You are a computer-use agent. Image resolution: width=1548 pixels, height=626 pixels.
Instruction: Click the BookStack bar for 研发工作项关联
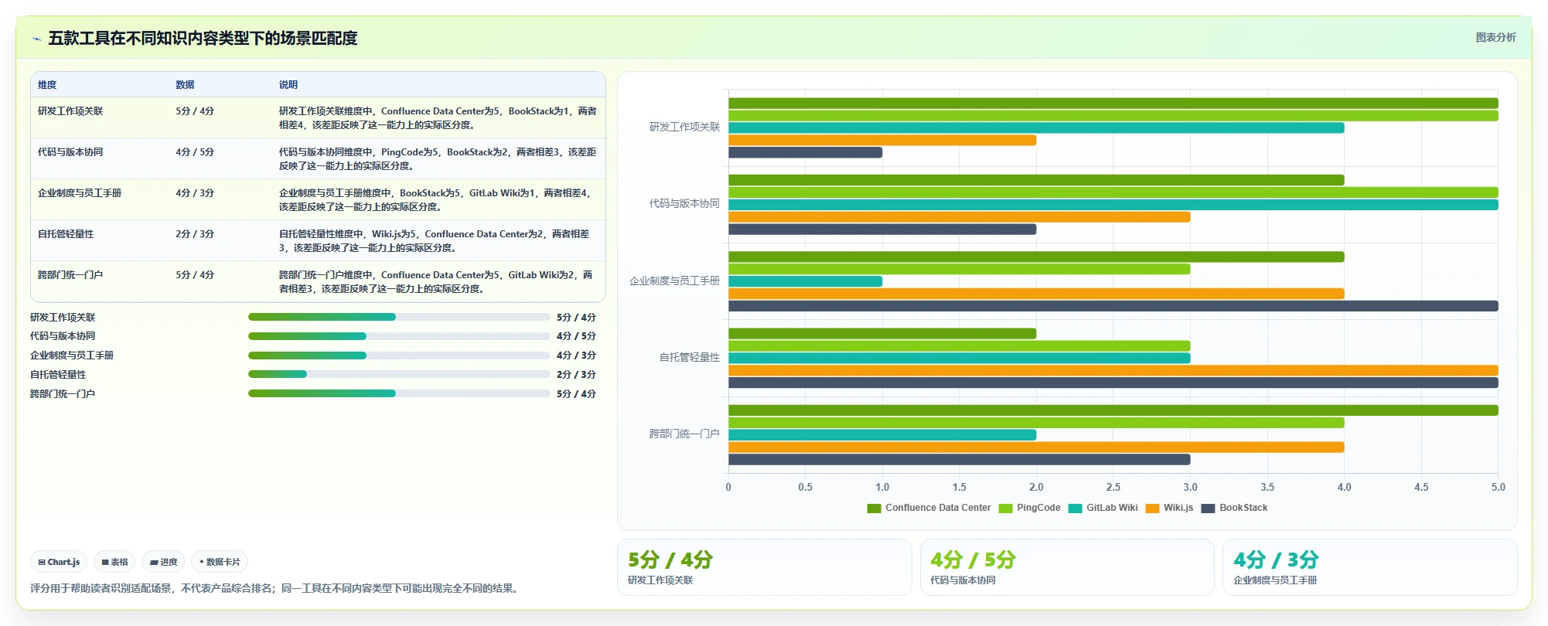coord(805,152)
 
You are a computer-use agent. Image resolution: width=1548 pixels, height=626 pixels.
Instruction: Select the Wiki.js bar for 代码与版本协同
coord(959,217)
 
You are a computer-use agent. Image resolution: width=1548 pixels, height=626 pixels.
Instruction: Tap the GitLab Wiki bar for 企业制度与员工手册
coord(805,281)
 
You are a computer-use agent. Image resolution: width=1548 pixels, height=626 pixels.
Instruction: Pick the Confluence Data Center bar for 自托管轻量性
coord(882,334)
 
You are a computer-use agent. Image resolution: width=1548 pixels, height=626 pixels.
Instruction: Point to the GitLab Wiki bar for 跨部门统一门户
coord(882,435)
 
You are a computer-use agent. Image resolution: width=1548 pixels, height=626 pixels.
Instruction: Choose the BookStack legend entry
coord(1234,508)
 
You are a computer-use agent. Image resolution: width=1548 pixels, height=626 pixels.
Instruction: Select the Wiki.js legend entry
coord(1169,508)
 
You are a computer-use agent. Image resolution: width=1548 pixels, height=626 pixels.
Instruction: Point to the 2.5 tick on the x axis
coord(1113,488)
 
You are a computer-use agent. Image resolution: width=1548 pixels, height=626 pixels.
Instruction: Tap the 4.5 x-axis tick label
coord(1421,488)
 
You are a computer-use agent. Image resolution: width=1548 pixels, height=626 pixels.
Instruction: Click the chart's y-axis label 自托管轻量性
coord(689,357)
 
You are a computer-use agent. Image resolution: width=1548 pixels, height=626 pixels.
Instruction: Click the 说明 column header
coord(288,85)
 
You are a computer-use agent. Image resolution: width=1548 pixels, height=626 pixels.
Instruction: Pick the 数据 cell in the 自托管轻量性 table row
coord(195,234)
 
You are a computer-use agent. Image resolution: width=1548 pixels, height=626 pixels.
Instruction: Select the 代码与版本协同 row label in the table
coord(70,152)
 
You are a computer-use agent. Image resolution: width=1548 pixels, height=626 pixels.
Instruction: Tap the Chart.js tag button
coord(59,562)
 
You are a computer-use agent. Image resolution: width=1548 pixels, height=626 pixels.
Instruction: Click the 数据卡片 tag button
coord(220,562)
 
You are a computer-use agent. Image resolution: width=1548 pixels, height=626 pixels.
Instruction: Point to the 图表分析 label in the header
coord(1495,37)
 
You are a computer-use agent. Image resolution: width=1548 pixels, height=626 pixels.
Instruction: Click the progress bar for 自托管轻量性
coord(399,374)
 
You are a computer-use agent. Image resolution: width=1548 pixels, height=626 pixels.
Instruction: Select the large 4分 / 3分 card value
coord(1276,560)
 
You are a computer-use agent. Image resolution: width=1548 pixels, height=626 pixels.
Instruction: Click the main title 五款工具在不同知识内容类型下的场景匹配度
coord(203,38)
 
